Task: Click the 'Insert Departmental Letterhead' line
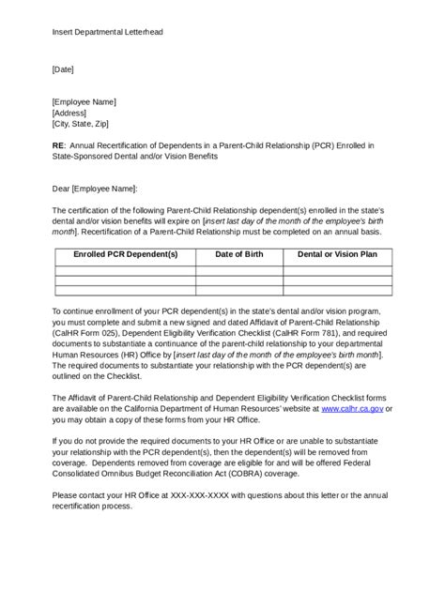pos(107,32)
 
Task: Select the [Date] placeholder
pos(63,69)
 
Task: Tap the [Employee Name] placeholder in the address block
pos(84,101)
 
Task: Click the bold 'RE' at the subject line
pos(59,146)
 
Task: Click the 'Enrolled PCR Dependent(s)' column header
pos(125,254)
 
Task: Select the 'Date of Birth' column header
pos(238,254)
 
